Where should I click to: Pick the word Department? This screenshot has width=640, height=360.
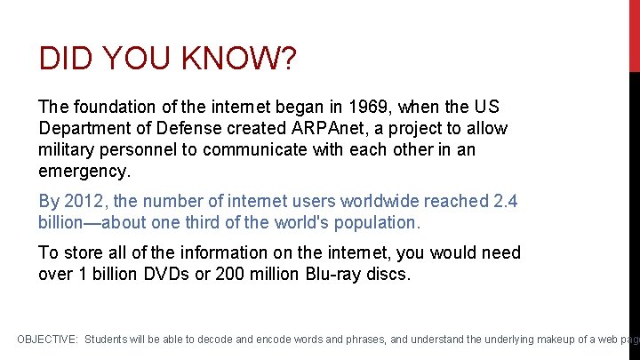(84, 128)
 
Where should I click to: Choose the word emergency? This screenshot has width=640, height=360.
(84, 171)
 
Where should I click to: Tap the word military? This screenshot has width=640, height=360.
(68, 149)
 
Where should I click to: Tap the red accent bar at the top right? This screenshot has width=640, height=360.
(635, 36)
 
